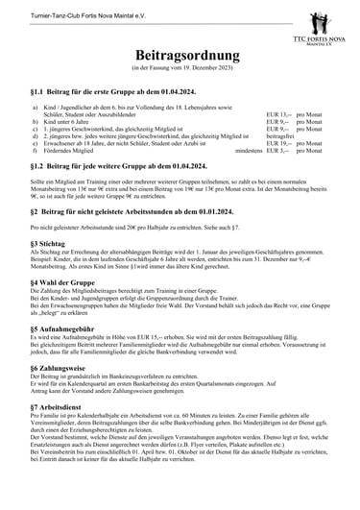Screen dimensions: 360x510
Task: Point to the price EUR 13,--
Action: (x=277, y=114)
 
